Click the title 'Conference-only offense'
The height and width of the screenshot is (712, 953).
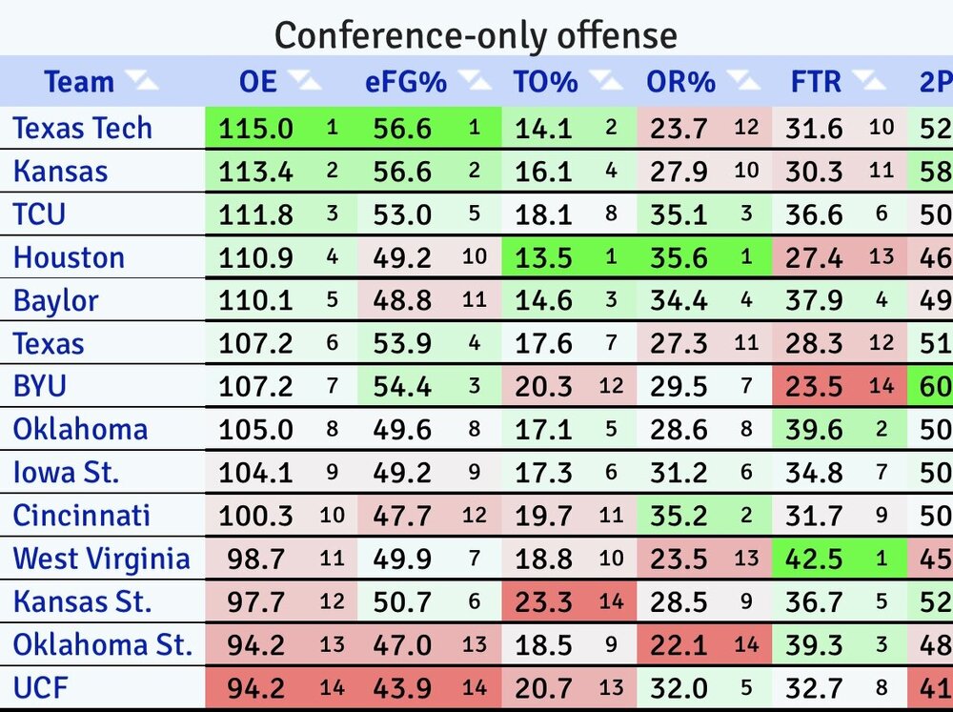pos(476,35)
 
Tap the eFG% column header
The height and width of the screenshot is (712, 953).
pos(406,82)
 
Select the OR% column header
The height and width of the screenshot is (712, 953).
pos(680,82)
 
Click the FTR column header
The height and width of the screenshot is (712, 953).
pos(816,82)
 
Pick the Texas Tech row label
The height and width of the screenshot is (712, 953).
pos(82,128)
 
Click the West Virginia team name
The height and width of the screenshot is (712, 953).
pos(101,559)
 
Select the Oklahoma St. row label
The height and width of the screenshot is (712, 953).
pos(102,645)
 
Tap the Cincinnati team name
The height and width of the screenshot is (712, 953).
pos(81,516)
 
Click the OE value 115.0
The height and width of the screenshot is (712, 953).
pos(256,128)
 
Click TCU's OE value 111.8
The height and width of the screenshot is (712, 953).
pos(256,214)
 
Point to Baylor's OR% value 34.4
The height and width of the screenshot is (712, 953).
pos(679,301)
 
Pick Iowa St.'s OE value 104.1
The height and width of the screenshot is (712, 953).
pos(256,473)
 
